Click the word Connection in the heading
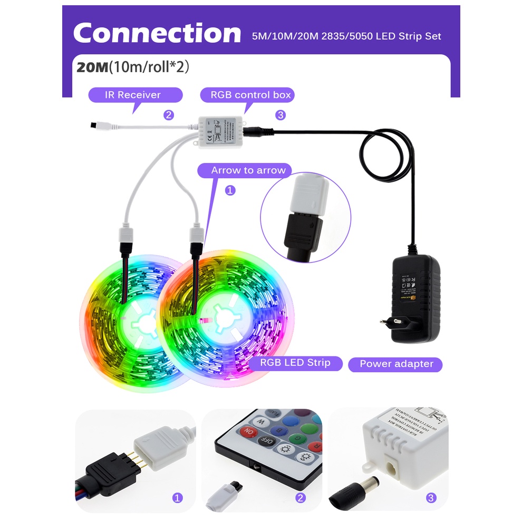pyautogui.click(x=157, y=33)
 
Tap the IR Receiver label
pyautogui.click(x=135, y=95)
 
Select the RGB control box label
pyautogui.click(x=246, y=95)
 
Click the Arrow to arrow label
pyautogui.click(x=248, y=170)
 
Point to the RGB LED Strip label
pyautogui.click(x=295, y=363)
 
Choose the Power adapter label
pyautogui.click(x=396, y=364)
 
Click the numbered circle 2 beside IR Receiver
pyautogui.click(x=169, y=115)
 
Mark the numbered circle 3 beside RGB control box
pyautogui.click(x=281, y=115)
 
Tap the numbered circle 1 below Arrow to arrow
pyautogui.click(x=230, y=190)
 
